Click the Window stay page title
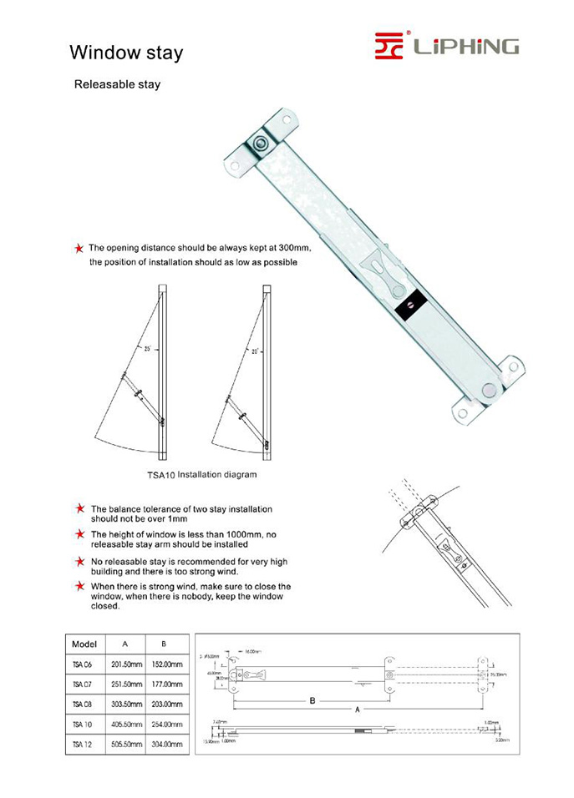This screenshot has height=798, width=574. click(126, 53)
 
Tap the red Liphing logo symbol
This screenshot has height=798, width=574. click(389, 46)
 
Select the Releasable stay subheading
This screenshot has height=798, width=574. click(117, 84)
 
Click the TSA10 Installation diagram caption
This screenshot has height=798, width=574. click(201, 474)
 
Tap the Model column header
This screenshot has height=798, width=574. click(84, 644)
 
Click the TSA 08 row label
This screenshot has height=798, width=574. click(83, 704)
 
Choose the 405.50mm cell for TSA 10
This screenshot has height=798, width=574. click(125, 724)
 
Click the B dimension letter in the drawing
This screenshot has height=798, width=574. click(312, 700)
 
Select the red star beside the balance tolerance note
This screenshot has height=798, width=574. click(79, 508)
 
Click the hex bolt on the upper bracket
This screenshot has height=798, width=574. click(262, 144)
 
